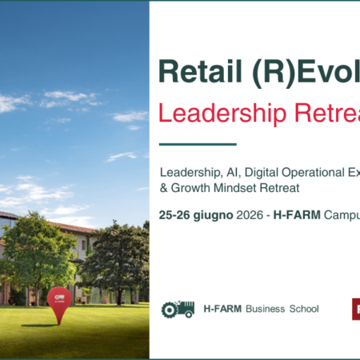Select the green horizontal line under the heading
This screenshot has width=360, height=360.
[x=198, y=145]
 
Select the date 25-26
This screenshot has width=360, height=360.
[x=176, y=214]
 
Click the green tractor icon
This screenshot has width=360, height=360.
[x=178, y=309]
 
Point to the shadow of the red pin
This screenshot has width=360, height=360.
[x=40, y=326]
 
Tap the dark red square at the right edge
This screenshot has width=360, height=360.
[x=356, y=309]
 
